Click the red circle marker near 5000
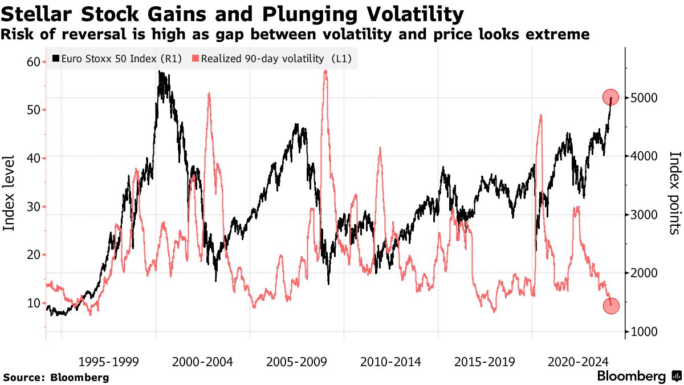coord(610,98)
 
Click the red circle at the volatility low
coord(610,306)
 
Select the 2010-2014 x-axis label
coord(390,362)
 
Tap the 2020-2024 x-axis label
coord(577,362)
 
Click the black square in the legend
coord(55,58)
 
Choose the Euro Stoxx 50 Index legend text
coord(121,58)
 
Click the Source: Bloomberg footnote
coord(56,377)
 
